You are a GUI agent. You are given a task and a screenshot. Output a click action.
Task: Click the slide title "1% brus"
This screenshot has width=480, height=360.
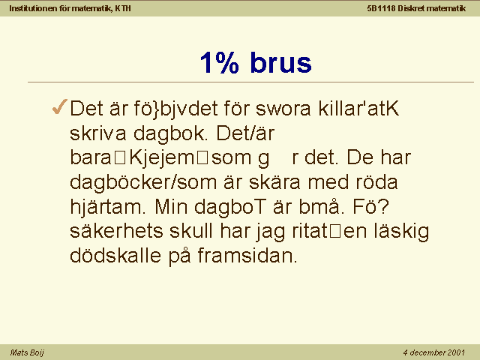click(x=256, y=62)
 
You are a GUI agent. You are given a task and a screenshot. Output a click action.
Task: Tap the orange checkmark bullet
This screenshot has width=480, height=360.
click(x=60, y=106)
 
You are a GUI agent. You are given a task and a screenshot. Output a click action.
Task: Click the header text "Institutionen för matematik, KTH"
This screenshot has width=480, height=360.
click(x=70, y=8)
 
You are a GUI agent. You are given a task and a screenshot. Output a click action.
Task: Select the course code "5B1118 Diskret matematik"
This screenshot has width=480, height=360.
click(x=416, y=8)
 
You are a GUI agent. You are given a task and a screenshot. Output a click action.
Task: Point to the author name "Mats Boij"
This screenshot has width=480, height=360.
click(x=27, y=352)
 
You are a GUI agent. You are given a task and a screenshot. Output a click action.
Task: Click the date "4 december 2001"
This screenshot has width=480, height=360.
click(x=434, y=352)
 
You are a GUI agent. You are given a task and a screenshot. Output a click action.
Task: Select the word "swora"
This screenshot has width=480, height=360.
click(x=283, y=109)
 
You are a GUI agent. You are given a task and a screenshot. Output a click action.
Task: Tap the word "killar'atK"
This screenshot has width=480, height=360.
click(x=358, y=108)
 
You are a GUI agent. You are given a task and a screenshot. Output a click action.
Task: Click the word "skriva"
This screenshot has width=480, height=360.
click(x=98, y=133)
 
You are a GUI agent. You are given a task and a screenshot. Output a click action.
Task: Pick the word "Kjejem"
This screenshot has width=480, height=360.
click(x=162, y=158)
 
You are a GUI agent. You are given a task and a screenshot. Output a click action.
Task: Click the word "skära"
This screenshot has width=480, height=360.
click(x=274, y=181)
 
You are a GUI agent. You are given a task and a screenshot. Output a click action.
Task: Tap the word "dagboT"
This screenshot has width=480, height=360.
click(x=229, y=207)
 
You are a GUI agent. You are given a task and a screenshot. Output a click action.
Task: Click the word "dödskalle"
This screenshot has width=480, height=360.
click(x=115, y=255)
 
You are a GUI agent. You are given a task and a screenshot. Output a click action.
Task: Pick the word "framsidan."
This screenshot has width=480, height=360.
click(x=247, y=255)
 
